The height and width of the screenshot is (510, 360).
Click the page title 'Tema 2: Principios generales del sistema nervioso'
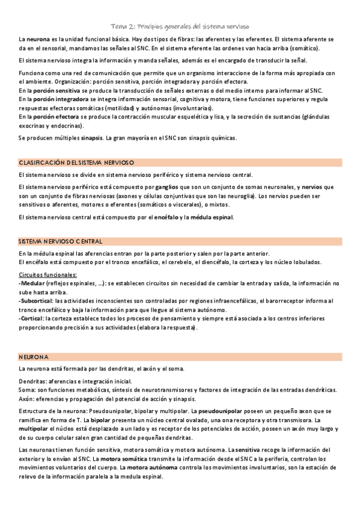[180, 26]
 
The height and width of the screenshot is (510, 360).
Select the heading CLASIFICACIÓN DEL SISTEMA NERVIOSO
[76, 162]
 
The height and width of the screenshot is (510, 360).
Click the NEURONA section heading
[34, 357]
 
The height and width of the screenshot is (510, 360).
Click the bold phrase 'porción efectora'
[58, 117]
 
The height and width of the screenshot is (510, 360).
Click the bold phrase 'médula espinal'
[212, 217]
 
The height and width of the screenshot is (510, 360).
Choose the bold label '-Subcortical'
[35, 301]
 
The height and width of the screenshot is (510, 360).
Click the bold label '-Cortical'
[31, 319]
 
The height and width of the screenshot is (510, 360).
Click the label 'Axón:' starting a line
[28, 399]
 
